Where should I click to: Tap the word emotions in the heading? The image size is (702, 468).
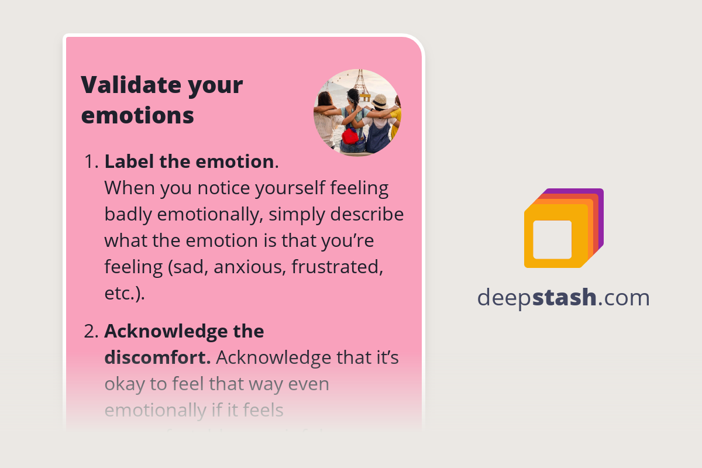(x=137, y=115)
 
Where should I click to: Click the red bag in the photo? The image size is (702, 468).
(x=350, y=136)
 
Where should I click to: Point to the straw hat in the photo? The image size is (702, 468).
(x=379, y=101)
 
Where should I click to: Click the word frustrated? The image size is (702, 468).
(x=337, y=267)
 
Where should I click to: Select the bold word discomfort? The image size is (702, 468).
(x=157, y=358)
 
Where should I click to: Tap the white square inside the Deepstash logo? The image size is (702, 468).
(x=552, y=239)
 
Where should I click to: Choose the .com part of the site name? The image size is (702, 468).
(x=624, y=298)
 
